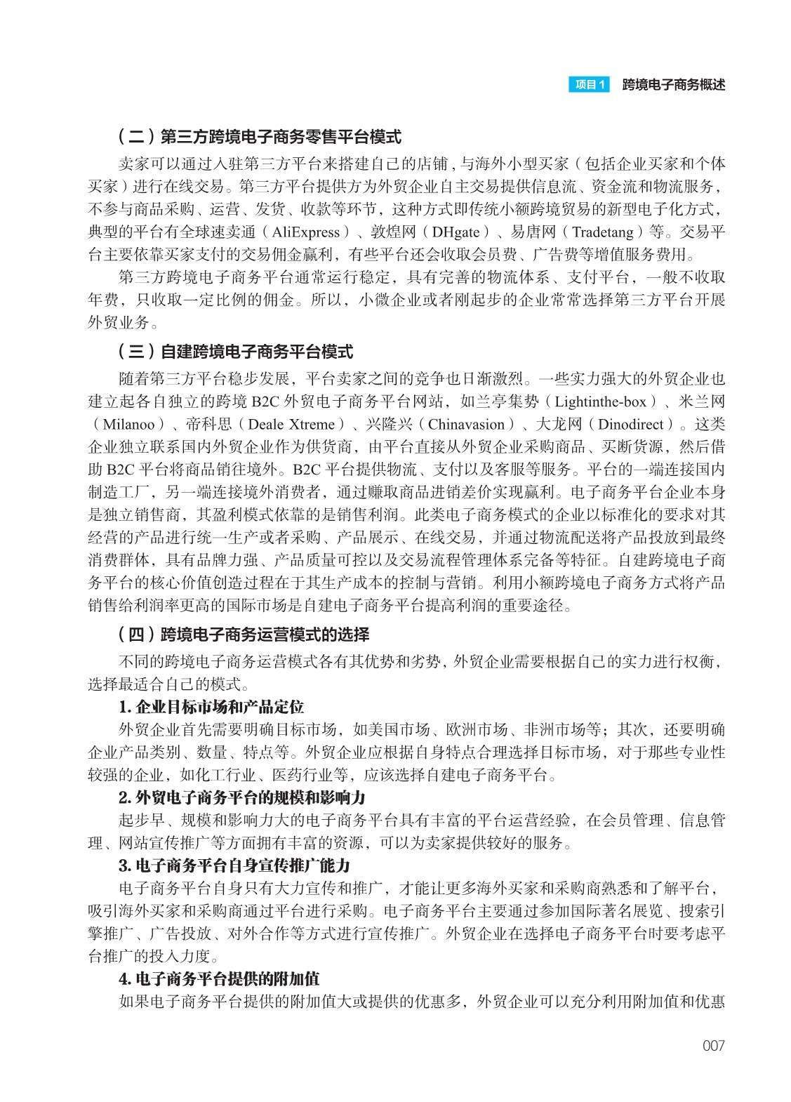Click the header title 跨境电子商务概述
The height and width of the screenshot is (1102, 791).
tap(673, 85)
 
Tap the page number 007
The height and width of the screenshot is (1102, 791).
tap(713, 1046)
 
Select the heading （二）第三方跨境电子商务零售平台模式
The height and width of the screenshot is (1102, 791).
tap(259, 137)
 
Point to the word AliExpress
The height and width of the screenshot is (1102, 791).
tap(306, 232)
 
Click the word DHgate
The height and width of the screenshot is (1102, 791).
tap(456, 232)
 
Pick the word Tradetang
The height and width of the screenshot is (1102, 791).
tap(604, 232)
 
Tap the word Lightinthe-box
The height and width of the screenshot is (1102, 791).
tap(600, 402)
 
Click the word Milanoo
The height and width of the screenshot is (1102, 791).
tap(128, 425)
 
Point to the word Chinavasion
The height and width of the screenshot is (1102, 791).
tap(466, 425)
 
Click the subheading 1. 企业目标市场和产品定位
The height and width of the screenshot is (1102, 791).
tap(211, 707)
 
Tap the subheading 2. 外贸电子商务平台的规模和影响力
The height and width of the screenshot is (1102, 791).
tap(242, 797)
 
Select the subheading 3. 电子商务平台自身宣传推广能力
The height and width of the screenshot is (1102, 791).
tap(234, 865)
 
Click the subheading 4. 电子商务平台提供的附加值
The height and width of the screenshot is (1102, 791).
tap(219, 978)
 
